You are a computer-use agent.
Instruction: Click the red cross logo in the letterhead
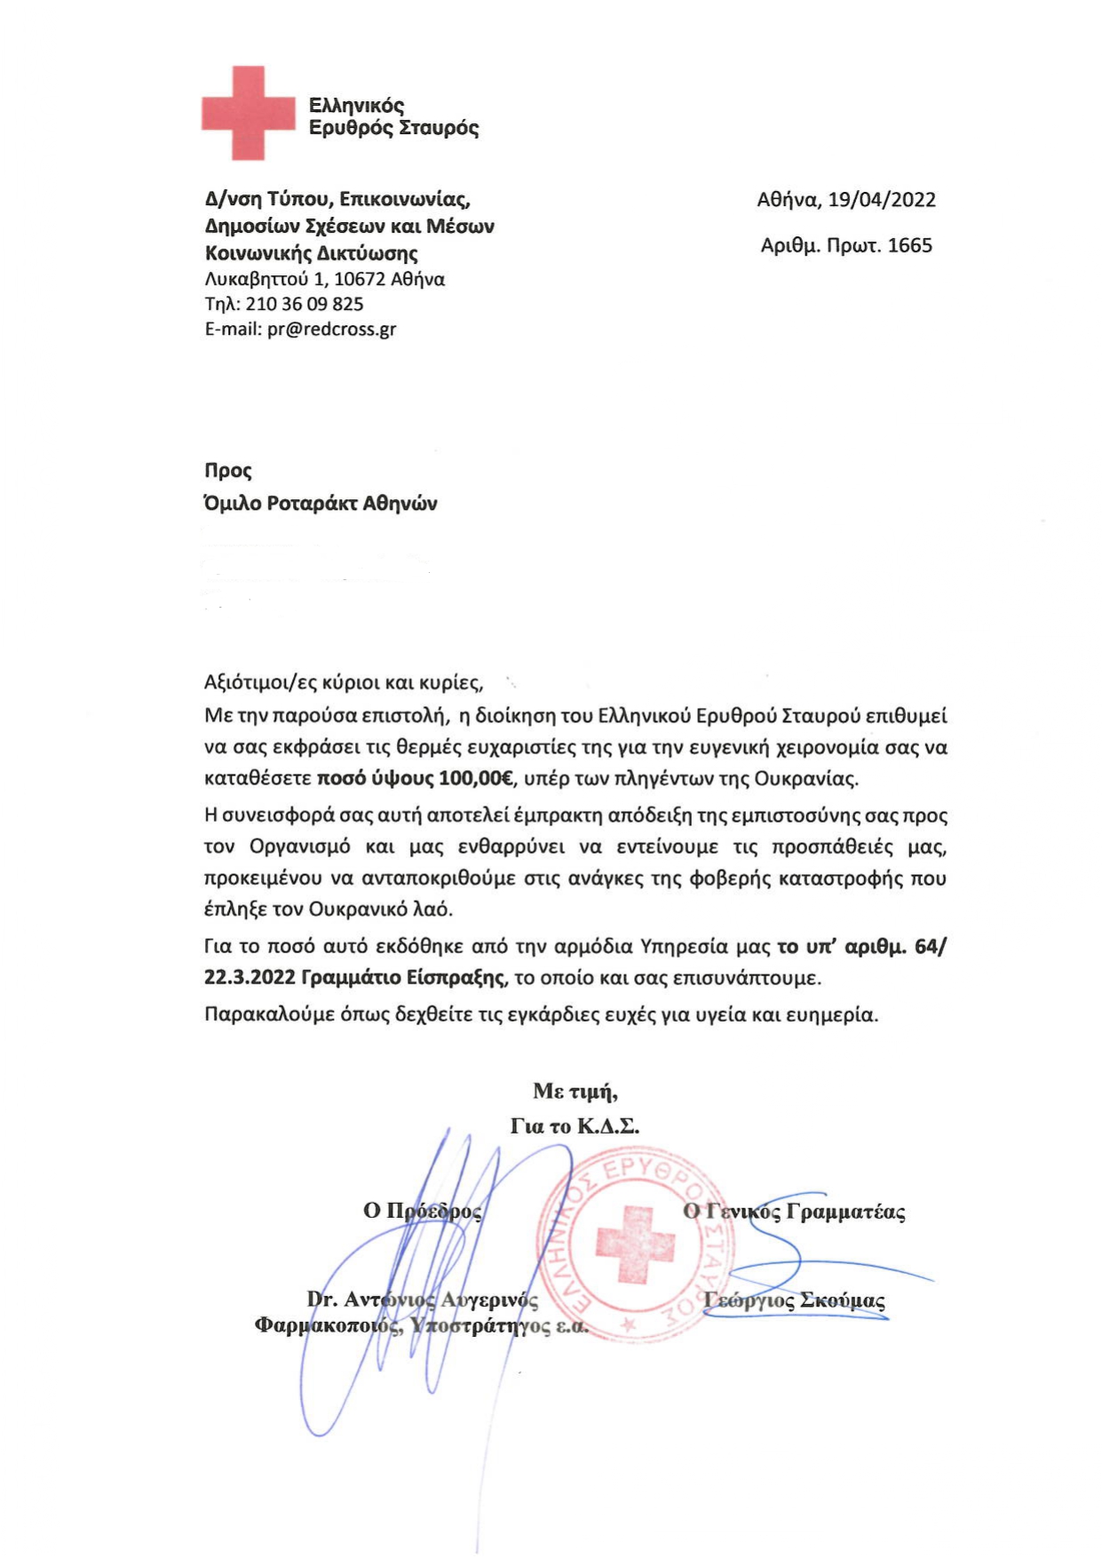pos(248,113)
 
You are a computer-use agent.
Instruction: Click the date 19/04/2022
pos(881,200)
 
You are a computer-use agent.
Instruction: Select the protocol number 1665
pos(909,245)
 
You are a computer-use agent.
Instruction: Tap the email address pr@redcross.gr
pos(331,330)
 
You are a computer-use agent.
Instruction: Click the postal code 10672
pos(359,279)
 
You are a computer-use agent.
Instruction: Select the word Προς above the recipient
pos(228,471)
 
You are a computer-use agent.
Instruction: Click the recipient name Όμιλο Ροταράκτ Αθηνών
pos(321,504)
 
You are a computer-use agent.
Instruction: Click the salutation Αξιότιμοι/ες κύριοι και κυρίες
pos(344,683)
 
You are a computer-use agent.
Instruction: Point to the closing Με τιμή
pos(575,1091)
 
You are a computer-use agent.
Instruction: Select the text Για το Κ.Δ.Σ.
pos(575,1126)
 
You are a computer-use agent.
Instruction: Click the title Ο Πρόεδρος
pos(422,1211)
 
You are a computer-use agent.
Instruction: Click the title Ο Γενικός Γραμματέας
pos(794,1212)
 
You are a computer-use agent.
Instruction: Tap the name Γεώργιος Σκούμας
pos(794,1300)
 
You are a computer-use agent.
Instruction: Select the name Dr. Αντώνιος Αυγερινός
pos(423,1300)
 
